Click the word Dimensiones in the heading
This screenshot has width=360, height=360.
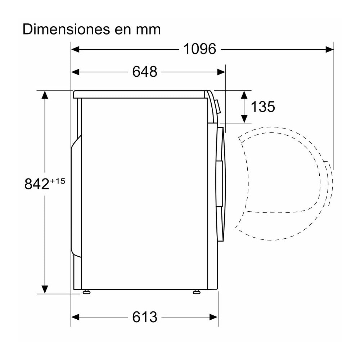coord(64,29)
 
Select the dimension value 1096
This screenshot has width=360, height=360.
coord(200,49)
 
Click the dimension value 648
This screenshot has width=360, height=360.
coord(145,72)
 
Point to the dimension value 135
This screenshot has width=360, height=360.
coord(263,107)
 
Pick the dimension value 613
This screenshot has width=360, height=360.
coord(145,317)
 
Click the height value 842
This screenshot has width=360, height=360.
coord(37,184)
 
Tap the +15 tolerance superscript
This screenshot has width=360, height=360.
coord(58,181)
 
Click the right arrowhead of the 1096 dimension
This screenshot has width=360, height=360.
coord(329,49)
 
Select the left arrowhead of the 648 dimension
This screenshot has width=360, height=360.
coord(75,72)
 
